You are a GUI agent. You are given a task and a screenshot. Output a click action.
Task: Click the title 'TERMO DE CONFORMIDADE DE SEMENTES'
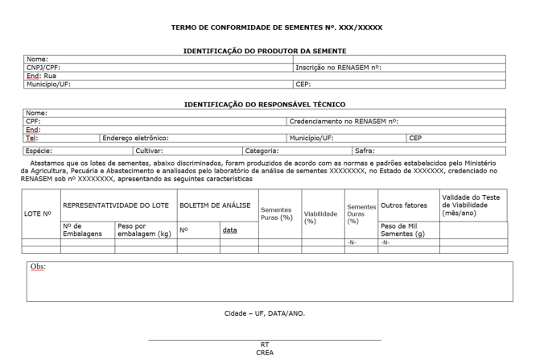pos(276,28)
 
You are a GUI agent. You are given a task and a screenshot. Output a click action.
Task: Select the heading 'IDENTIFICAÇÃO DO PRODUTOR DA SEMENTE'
pos(264,51)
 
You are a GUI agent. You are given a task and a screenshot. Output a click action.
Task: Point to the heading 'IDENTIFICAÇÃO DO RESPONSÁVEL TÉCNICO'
pos(264,104)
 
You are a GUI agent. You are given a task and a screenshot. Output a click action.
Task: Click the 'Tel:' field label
pos(33,138)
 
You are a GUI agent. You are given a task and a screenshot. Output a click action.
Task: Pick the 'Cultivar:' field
pos(150,150)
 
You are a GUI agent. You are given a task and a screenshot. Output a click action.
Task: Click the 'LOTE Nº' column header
pos(39,213)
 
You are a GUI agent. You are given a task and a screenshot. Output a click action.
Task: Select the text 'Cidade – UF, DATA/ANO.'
pos(264,312)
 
